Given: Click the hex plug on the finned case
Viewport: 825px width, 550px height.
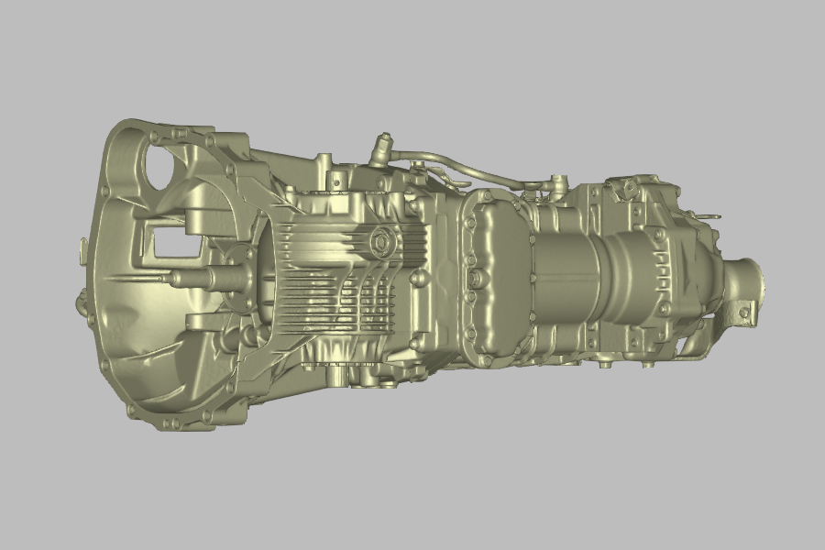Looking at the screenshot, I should click(380, 243).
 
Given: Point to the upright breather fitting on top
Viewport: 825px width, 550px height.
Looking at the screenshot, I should click(380, 148).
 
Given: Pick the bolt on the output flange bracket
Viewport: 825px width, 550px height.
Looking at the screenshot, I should click(743, 313).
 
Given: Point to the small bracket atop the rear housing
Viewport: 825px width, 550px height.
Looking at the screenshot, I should click(631, 188).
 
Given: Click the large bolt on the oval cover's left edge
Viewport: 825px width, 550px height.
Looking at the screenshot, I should click(474, 276).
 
